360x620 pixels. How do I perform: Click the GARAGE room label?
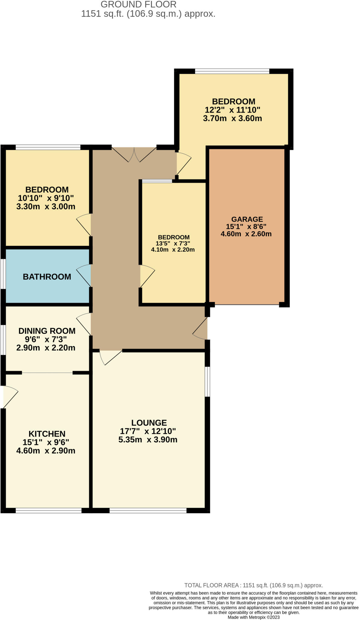(x=247, y=219)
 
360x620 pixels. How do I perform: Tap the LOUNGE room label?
(x=149, y=423)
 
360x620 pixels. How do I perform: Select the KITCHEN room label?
(x=47, y=434)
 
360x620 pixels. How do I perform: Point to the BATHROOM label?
(x=47, y=277)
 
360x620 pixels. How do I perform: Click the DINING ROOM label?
(x=47, y=331)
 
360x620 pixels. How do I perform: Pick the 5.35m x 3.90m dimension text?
(x=148, y=440)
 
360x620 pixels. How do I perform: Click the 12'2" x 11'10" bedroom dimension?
(x=232, y=110)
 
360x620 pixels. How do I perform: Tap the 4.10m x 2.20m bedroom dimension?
(x=173, y=250)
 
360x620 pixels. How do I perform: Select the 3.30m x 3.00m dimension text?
(x=46, y=207)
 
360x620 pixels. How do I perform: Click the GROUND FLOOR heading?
(x=138, y=5)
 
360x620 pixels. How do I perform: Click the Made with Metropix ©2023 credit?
(x=254, y=617)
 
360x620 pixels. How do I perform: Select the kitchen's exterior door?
(x=10, y=397)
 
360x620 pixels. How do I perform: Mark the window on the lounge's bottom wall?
(x=148, y=510)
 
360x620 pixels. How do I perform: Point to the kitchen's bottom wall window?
(x=48, y=510)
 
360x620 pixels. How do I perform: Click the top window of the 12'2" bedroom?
(x=232, y=71)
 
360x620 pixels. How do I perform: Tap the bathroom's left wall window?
(x=2, y=274)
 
